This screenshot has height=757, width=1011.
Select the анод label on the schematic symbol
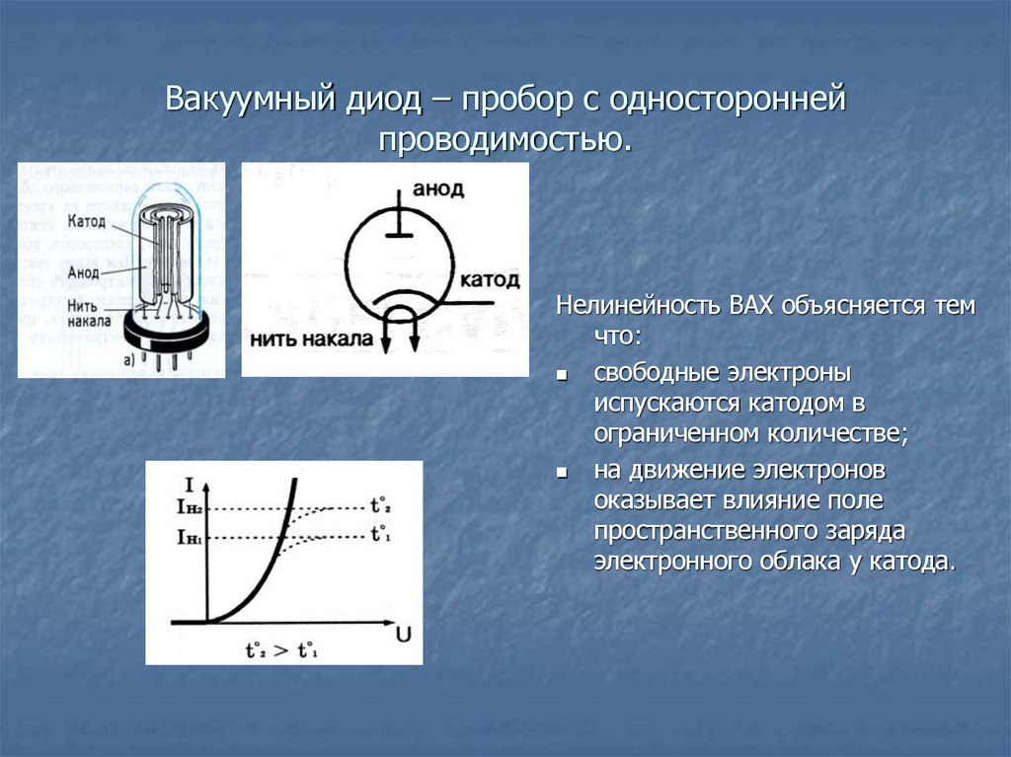coord(438,189)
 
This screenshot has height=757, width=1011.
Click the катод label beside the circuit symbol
coord(489,279)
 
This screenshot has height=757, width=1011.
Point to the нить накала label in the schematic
coord(312,340)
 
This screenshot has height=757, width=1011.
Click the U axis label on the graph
coord(404,632)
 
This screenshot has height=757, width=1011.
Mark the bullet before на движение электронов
coord(560,473)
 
